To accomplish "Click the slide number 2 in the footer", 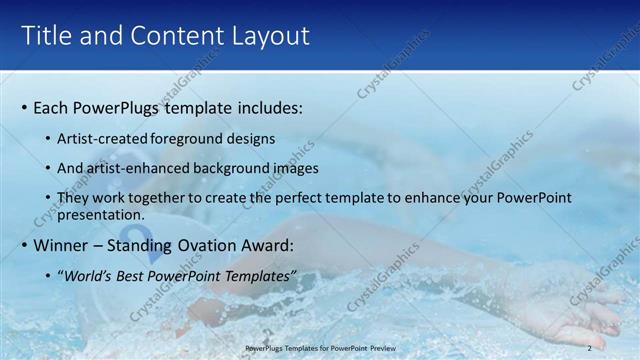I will tap(590, 348).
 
